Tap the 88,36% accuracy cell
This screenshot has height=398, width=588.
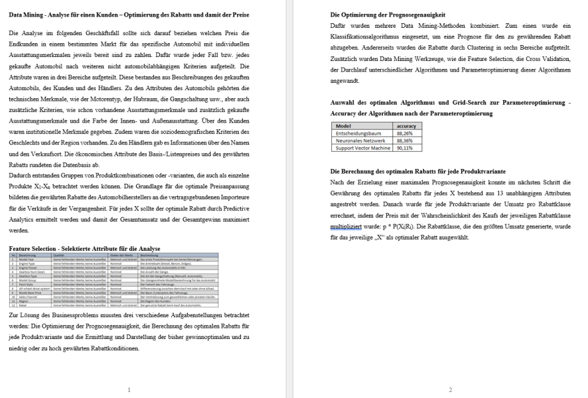pos(405,141)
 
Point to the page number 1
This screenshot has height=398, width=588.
pos(129,389)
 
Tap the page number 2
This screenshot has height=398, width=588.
pos(450,389)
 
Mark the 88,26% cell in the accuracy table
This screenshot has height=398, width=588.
pos(405,133)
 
